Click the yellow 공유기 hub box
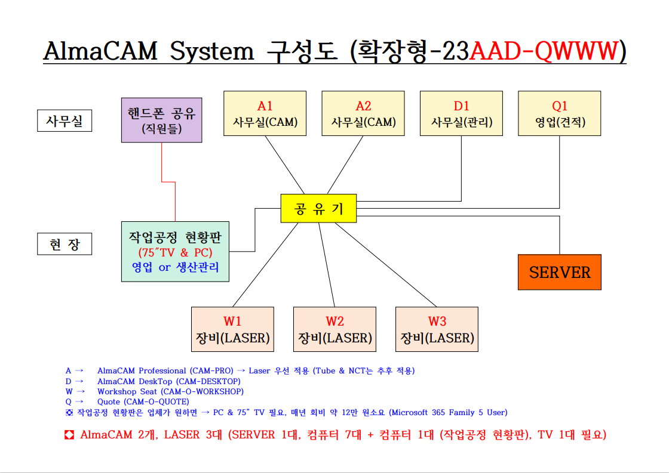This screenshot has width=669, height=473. point(318,208)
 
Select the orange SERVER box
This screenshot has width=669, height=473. point(559,273)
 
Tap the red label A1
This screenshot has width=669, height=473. point(265,106)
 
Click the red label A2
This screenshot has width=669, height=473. point(363,106)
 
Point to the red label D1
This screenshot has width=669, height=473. point(461,106)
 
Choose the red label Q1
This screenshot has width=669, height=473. point(560,106)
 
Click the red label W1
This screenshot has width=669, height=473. point(232,322)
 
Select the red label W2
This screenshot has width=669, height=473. point(334,322)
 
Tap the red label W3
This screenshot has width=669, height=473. point(437,322)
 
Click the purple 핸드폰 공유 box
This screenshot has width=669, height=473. point(161,120)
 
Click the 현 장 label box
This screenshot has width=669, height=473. point(65,244)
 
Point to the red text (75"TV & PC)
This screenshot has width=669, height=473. point(175,252)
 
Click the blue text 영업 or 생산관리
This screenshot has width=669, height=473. point(175,267)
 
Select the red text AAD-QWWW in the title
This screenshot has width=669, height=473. point(542,52)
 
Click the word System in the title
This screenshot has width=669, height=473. point(212,52)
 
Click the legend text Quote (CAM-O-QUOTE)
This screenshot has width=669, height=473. point(143,402)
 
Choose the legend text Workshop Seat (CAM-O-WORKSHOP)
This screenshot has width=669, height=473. point(170,391)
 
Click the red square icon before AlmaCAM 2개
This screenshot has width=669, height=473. point(69,435)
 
